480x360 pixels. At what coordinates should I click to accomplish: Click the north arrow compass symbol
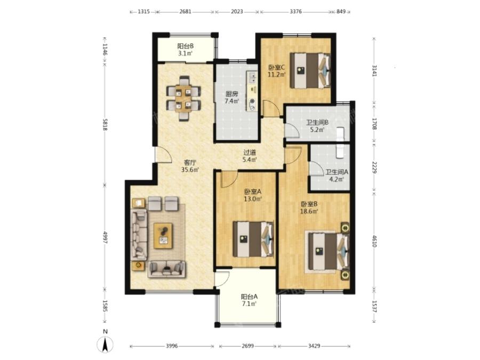click(105, 344)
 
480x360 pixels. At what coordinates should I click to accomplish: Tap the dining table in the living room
click(183, 98)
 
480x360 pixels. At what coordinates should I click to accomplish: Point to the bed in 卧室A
click(253, 239)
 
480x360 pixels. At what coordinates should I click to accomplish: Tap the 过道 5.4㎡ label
click(250, 156)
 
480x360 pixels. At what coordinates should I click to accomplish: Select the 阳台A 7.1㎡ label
click(249, 300)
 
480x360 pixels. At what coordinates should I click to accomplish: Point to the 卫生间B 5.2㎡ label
click(317, 126)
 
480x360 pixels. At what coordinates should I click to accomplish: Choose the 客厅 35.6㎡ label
click(190, 166)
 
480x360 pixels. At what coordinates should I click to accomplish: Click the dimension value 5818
click(105, 125)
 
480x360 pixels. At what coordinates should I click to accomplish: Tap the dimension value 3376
click(295, 12)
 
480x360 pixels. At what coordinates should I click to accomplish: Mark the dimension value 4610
click(374, 241)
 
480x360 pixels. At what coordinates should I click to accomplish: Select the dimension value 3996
click(172, 346)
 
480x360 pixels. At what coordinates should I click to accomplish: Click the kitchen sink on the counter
click(253, 78)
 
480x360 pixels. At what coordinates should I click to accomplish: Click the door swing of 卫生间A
click(315, 168)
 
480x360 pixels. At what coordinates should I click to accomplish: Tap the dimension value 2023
click(237, 12)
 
